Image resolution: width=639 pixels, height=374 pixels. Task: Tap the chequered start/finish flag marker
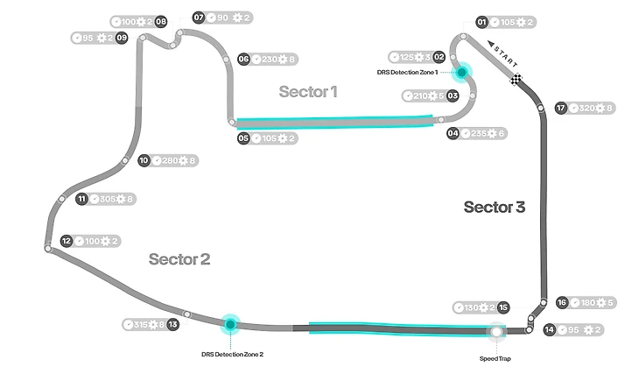(x=518, y=81)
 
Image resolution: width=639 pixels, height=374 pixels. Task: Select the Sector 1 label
(x=308, y=91)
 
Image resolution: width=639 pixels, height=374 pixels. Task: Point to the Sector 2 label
(x=179, y=258)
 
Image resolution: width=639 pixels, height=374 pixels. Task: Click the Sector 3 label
(x=495, y=207)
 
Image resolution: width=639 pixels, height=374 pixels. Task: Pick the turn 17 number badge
(x=561, y=109)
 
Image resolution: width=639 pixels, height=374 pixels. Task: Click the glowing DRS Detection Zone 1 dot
(x=461, y=72)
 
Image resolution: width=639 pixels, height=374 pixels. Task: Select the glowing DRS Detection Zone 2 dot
(x=230, y=324)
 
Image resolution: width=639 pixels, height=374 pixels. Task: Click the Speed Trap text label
(x=496, y=358)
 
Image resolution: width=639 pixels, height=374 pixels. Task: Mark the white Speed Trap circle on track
(x=497, y=331)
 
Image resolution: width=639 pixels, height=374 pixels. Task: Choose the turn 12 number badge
(x=67, y=241)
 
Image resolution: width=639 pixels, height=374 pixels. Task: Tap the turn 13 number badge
(x=173, y=324)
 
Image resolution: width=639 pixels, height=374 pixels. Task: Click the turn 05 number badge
(x=243, y=138)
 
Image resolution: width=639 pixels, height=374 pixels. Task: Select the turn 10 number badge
(x=144, y=160)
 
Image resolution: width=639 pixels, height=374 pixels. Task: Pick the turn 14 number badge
(x=549, y=330)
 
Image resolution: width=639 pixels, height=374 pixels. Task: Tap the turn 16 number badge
(x=562, y=302)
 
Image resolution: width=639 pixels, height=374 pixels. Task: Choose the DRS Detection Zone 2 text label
(x=231, y=354)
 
